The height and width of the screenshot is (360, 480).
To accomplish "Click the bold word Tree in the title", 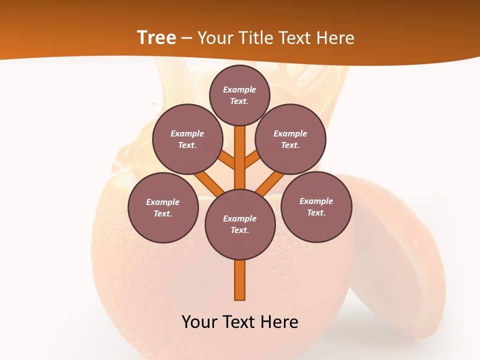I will [x=156, y=38].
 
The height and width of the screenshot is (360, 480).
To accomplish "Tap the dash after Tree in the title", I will [x=186, y=38].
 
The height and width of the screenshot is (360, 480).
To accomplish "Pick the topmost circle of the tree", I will [x=239, y=95].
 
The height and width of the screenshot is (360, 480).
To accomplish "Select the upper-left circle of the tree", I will [x=187, y=139].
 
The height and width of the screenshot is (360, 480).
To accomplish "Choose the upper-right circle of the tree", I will [x=290, y=139].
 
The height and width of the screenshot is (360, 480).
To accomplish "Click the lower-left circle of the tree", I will [x=163, y=208].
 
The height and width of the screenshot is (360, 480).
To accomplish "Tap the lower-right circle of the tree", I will [x=316, y=207].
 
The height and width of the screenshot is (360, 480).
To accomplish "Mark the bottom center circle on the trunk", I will [x=240, y=224].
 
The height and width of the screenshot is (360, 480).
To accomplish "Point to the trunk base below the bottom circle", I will [x=240, y=280].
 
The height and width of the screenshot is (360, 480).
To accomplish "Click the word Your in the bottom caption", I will [x=199, y=322].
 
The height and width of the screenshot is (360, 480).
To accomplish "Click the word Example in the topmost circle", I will [x=239, y=90].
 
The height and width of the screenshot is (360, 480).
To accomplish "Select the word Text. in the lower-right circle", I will [x=316, y=213].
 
